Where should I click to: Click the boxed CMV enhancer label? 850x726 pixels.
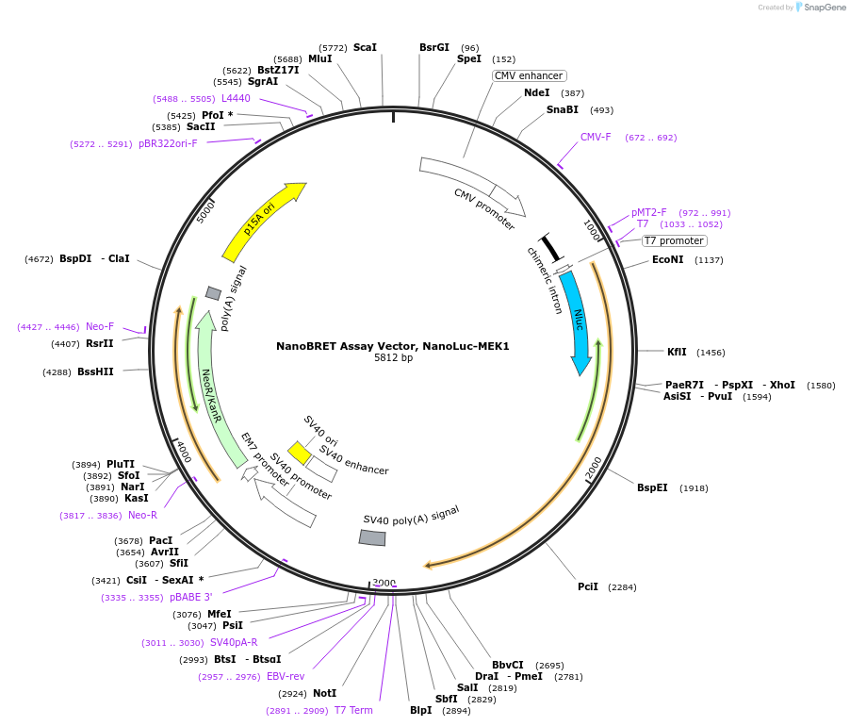pos(529,75)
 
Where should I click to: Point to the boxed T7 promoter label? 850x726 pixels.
pos(674,240)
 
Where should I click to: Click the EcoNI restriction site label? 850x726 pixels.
pos(668,260)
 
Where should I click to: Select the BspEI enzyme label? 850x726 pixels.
pos(652,487)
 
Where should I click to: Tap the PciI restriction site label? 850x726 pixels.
pos(588,586)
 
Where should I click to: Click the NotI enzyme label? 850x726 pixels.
pos(324,693)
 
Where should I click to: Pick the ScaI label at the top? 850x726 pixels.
pos(365,47)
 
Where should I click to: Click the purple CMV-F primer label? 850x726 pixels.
pos(596,137)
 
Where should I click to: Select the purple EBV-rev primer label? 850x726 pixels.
pos(286,676)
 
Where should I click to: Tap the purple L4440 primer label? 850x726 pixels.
pos(236,98)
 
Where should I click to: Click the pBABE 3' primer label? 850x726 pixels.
pos(191,597)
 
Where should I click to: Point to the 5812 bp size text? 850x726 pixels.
pos(393,358)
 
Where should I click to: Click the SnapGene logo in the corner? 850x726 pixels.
pos(820,8)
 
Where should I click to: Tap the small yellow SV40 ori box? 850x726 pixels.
pos(300,453)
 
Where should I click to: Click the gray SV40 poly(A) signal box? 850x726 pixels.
pos(372,537)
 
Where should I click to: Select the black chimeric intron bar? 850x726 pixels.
pos(550,248)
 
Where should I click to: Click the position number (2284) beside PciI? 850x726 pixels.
pos(622,587)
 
